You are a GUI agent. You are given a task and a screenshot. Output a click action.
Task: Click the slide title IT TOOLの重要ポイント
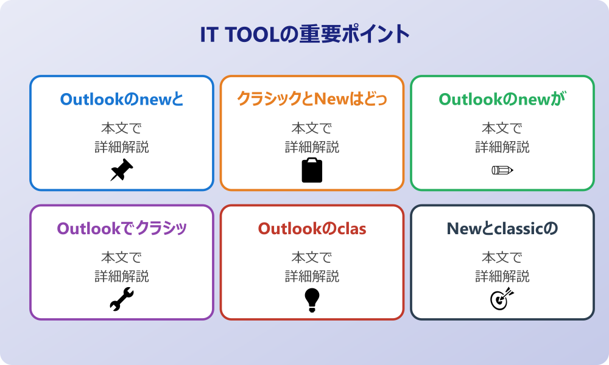point(304,35)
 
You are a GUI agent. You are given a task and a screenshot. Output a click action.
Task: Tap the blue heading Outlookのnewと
point(122,99)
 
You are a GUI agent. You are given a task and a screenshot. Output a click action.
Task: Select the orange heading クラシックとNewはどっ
point(312,99)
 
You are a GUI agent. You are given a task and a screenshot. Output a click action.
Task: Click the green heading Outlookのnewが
point(502,99)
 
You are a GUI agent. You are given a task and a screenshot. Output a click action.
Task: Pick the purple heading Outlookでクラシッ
point(122,228)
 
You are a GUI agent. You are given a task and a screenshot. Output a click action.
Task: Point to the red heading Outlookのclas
point(312,228)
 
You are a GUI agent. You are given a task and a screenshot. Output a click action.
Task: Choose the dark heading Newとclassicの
point(502,228)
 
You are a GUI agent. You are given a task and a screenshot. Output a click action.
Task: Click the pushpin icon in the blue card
point(122,170)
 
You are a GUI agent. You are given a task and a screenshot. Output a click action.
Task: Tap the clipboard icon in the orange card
point(312,170)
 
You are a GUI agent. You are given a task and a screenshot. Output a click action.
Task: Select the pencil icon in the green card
point(502,170)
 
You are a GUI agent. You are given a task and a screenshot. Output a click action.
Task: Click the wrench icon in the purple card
point(122,300)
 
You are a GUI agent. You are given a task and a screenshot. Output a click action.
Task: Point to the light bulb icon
point(312,300)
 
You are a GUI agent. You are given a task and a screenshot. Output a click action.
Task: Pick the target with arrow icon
point(502,300)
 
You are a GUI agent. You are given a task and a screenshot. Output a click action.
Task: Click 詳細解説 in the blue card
point(122,147)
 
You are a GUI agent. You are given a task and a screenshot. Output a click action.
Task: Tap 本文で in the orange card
point(312,129)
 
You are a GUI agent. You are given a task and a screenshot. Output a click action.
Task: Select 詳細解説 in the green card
point(502,147)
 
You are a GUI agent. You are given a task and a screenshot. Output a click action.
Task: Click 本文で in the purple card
point(122,258)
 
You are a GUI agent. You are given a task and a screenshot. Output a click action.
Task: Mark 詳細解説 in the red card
point(312,276)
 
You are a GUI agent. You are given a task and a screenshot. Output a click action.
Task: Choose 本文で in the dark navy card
point(502,258)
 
